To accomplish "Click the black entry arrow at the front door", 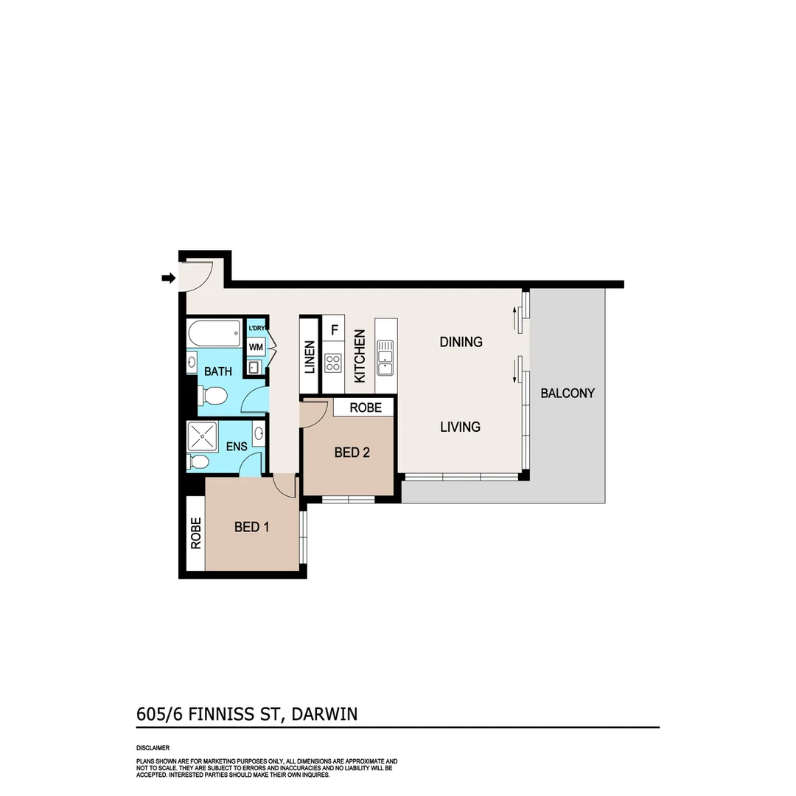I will point(169,278).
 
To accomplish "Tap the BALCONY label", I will point(568,393).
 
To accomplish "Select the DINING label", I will point(461,342).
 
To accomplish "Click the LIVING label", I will point(460,427).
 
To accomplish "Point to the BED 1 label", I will point(251,527).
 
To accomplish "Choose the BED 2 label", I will point(352,453).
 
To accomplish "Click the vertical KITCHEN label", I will point(360,356).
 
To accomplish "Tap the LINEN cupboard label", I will point(310,356).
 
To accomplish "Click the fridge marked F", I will point(334,329).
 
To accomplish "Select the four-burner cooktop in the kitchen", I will point(333,363).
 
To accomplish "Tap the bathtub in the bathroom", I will point(214,335).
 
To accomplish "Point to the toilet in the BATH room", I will point(212,397).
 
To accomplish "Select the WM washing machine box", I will point(256,346).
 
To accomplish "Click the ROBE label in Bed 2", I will point(366,408).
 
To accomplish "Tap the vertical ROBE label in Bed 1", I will point(195,534).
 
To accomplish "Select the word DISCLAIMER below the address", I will point(153,747).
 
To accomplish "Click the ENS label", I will point(236,447).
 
